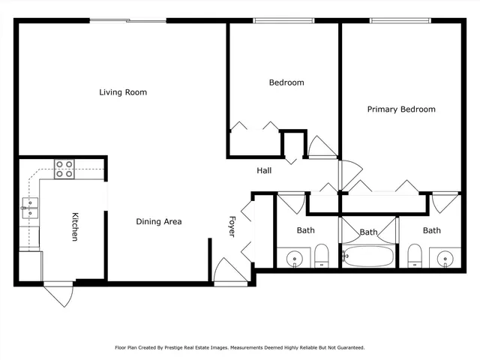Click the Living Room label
tap(123, 92)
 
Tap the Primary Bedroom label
tap(400, 109)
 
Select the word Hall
tap(264, 171)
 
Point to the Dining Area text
tap(158, 221)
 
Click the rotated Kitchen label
tap(75, 226)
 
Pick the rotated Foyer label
tap(232, 226)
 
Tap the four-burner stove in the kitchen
tap(64, 169)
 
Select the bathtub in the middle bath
tap(367, 256)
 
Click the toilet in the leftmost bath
tap(321, 256)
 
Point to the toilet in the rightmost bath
tap(415, 256)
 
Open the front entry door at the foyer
tap(226, 271)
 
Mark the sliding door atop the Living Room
tap(127, 21)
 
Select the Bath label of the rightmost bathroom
tap(432, 230)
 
